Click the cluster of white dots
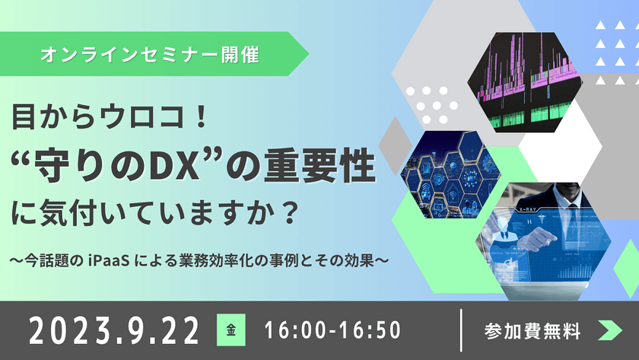pos(431,99)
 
